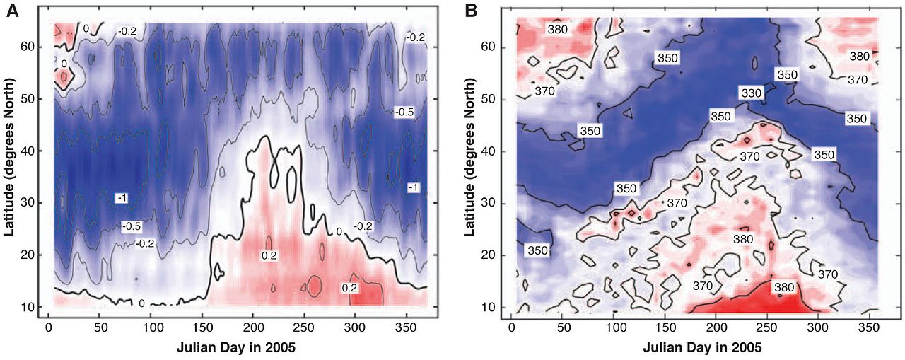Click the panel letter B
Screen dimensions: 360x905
pyautogui.click(x=469, y=10)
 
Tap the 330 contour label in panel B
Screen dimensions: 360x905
pyautogui.click(x=751, y=93)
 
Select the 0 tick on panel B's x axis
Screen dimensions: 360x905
pyautogui.click(x=511, y=329)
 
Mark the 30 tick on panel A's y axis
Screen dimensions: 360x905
pyautogui.click(x=33, y=203)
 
